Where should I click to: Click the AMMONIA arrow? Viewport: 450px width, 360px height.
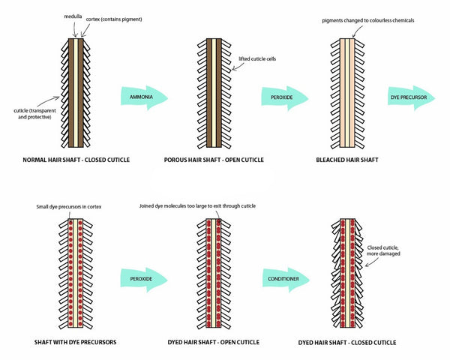click(144, 97)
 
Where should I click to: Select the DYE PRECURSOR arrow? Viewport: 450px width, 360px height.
click(412, 97)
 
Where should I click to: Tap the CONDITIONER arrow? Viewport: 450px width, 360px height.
click(286, 279)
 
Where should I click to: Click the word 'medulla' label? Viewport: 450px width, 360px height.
click(73, 16)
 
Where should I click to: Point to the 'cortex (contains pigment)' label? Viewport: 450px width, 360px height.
click(114, 19)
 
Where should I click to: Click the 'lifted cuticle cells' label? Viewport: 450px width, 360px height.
click(257, 58)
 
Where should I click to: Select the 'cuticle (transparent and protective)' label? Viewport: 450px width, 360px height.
click(34, 114)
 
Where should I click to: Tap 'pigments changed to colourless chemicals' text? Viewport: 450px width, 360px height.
click(368, 20)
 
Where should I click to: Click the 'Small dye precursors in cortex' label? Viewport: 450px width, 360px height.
click(69, 207)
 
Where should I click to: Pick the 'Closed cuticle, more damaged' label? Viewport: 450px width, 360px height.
click(383, 250)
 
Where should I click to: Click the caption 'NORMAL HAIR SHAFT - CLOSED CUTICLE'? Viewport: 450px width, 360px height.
click(76, 160)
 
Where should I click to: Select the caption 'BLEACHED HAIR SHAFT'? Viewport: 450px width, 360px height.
click(347, 160)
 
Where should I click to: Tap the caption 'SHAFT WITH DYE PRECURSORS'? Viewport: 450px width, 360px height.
click(75, 342)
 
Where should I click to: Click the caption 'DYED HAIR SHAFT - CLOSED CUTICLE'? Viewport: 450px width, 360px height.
click(347, 343)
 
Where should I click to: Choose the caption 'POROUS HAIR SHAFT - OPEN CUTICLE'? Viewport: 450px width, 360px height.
click(214, 160)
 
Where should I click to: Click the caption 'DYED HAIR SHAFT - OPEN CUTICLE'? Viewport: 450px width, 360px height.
click(214, 342)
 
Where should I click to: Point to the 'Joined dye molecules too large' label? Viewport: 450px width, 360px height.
click(197, 205)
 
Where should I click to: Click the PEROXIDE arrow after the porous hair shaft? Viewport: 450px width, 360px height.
click(285, 97)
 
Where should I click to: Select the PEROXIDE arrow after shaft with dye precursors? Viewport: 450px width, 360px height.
click(144, 279)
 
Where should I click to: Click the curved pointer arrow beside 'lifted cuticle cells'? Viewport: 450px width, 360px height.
click(238, 67)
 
